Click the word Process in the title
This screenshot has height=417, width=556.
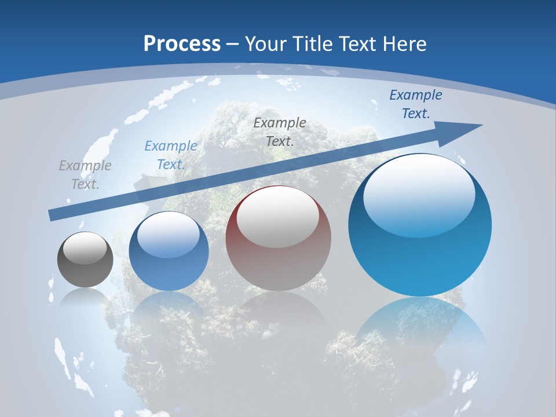click(x=182, y=44)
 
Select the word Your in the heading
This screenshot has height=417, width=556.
click(x=266, y=44)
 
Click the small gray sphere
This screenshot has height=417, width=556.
click(x=85, y=259)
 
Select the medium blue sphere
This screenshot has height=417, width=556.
click(x=169, y=251)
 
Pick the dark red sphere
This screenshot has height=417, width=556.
click(x=278, y=239)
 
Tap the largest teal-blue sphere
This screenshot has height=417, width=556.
click(x=420, y=225)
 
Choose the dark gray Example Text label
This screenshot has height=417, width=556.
click(x=280, y=131)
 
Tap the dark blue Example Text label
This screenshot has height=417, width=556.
click(x=416, y=104)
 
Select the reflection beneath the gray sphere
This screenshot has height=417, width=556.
click(x=85, y=298)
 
